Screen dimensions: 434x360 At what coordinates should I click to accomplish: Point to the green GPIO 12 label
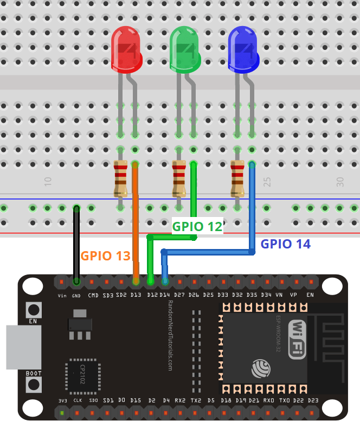coord(197,227)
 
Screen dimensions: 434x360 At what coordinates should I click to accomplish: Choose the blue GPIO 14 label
coord(285,244)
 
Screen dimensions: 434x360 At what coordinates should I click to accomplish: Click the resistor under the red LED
coord(120,178)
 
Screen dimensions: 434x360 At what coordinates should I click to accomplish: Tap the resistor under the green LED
coord(179,178)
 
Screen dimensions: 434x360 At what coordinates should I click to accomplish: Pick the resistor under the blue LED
coord(237,178)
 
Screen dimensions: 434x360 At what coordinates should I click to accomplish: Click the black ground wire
coord(76,244)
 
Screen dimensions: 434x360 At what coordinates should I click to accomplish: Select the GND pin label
coord(76,296)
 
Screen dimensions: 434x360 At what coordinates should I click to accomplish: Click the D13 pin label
coord(136,296)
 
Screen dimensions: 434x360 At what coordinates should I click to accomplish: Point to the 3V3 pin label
coord(63,400)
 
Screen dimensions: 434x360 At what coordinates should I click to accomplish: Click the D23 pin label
coord(313,400)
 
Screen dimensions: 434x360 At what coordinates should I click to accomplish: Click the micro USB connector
coord(23,348)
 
